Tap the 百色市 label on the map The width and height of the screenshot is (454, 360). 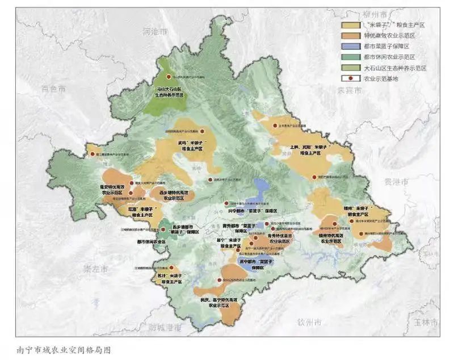coord(53,89)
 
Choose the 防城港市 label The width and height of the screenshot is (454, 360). coord(163,328)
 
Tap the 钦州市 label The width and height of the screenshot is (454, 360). coord(310,323)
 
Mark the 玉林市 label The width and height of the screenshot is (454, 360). coord(424,322)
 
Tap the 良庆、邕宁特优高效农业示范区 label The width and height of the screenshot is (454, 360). coord(218,302)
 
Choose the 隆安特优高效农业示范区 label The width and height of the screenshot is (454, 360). coord(112,189)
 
